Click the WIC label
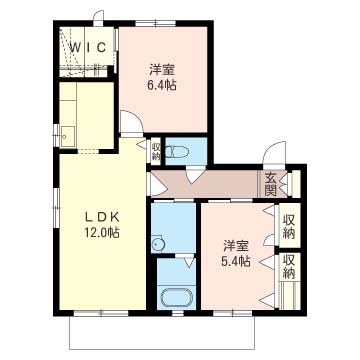pos(88,47)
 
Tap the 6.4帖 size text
pos(162,86)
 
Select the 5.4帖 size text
pos(236,261)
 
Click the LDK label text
pos(102,217)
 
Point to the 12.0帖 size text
pos(102,233)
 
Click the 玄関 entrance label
pos(271,184)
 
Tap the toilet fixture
pos(178,152)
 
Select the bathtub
pos(176,297)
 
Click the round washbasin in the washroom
pos(157,245)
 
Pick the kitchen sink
pos(68,137)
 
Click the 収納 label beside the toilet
pos(156,151)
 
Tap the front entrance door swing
pos(274,153)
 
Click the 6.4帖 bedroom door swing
pos(132,122)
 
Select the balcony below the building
pos(162,332)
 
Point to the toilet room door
pos(196,175)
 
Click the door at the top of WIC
pos(99,17)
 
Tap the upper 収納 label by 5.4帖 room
pos(289,227)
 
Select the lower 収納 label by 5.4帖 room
pos(289,267)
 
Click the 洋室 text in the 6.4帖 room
pos(162,70)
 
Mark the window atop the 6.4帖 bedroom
pos(156,24)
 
